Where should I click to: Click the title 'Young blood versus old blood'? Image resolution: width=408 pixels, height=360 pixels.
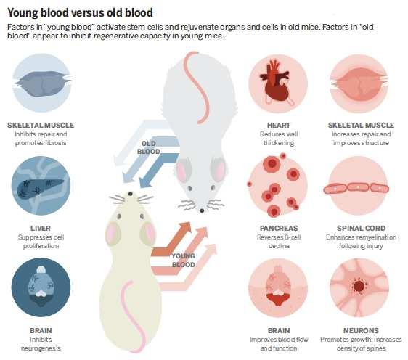[80, 12]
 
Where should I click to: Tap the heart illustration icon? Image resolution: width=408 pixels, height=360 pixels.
[277, 83]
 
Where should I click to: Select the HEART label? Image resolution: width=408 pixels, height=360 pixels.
[279, 125]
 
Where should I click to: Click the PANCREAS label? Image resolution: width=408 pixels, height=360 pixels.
[279, 228]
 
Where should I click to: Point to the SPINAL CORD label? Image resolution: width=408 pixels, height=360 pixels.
[361, 228]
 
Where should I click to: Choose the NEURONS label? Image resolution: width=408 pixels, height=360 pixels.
[361, 331]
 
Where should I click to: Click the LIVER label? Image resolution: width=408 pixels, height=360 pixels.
[41, 228]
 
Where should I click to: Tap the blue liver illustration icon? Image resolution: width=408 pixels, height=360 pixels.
[41, 186]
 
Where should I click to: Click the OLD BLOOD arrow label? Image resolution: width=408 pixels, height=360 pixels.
[149, 147]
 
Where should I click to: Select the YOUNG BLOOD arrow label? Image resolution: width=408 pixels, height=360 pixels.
[183, 260]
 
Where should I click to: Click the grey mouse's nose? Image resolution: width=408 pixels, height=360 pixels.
[202, 210]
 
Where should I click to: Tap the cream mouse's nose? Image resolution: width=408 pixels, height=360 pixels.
[130, 194]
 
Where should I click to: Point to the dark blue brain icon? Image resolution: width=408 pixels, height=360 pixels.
[41, 287]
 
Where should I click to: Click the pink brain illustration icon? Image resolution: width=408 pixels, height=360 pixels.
[277, 287]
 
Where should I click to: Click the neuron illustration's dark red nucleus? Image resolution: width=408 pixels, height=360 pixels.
[359, 286]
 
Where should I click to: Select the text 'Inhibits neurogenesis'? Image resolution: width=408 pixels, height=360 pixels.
[41, 344]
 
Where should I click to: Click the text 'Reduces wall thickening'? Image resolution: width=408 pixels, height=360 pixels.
[279, 139]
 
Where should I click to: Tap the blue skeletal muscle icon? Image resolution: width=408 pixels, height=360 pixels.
[41, 83]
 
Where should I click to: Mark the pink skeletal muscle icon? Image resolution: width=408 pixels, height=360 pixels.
[359, 83]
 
